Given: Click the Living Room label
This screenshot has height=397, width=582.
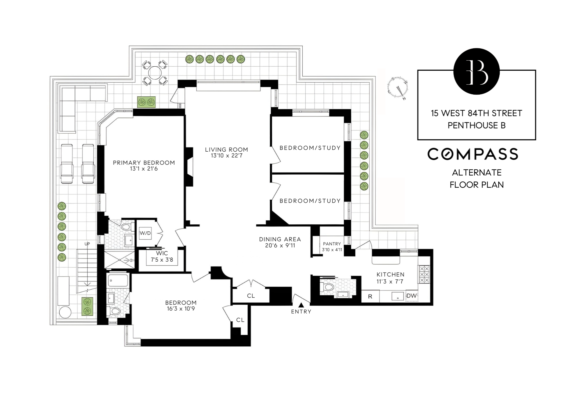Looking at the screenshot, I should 226,150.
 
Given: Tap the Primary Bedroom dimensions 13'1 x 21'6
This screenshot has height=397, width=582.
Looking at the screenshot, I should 144,169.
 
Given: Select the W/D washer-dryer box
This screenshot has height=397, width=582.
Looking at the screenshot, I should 145,233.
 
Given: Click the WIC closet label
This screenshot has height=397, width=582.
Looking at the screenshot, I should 162,254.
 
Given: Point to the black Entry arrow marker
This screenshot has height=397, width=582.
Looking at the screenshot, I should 301,305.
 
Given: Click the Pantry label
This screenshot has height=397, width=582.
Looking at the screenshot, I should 332,244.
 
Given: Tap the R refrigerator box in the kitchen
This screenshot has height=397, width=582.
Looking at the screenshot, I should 370,297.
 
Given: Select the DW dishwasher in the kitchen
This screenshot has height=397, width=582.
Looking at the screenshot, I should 412,296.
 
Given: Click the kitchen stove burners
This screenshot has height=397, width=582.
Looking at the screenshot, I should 424,274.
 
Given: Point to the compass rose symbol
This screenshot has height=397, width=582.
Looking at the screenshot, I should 398,88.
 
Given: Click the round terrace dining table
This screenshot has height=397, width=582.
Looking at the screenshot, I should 155,73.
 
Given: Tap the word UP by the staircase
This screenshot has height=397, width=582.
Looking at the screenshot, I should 87,244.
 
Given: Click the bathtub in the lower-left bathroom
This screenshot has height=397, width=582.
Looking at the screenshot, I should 118,281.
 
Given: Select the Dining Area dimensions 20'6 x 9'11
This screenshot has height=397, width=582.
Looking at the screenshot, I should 280,246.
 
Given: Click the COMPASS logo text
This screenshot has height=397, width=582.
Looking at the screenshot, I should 473,154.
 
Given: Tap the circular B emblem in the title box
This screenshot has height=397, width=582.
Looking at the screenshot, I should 476,71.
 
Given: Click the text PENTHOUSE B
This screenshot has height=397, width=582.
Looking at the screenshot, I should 476,125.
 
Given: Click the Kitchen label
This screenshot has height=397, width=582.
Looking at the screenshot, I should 390,274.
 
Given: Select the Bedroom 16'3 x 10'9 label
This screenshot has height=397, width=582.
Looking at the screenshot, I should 181,306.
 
